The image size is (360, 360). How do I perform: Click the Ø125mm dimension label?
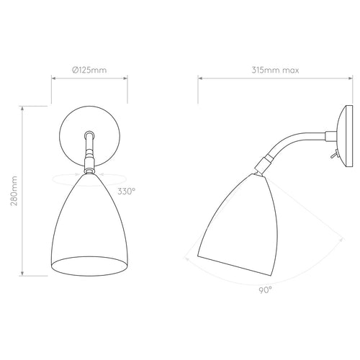pyautogui.click(x=89, y=70)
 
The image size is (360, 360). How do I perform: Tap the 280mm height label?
pyautogui.click(x=14, y=191)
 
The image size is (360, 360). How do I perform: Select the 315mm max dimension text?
pyautogui.click(x=275, y=70)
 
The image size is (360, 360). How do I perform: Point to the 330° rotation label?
pyautogui.click(x=127, y=192)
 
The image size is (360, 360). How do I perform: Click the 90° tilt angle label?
pyautogui.click(x=266, y=290)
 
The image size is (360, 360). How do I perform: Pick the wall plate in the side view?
pyautogui.click(x=345, y=136)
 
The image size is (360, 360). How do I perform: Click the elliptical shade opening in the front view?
pyautogui.click(x=89, y=266)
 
